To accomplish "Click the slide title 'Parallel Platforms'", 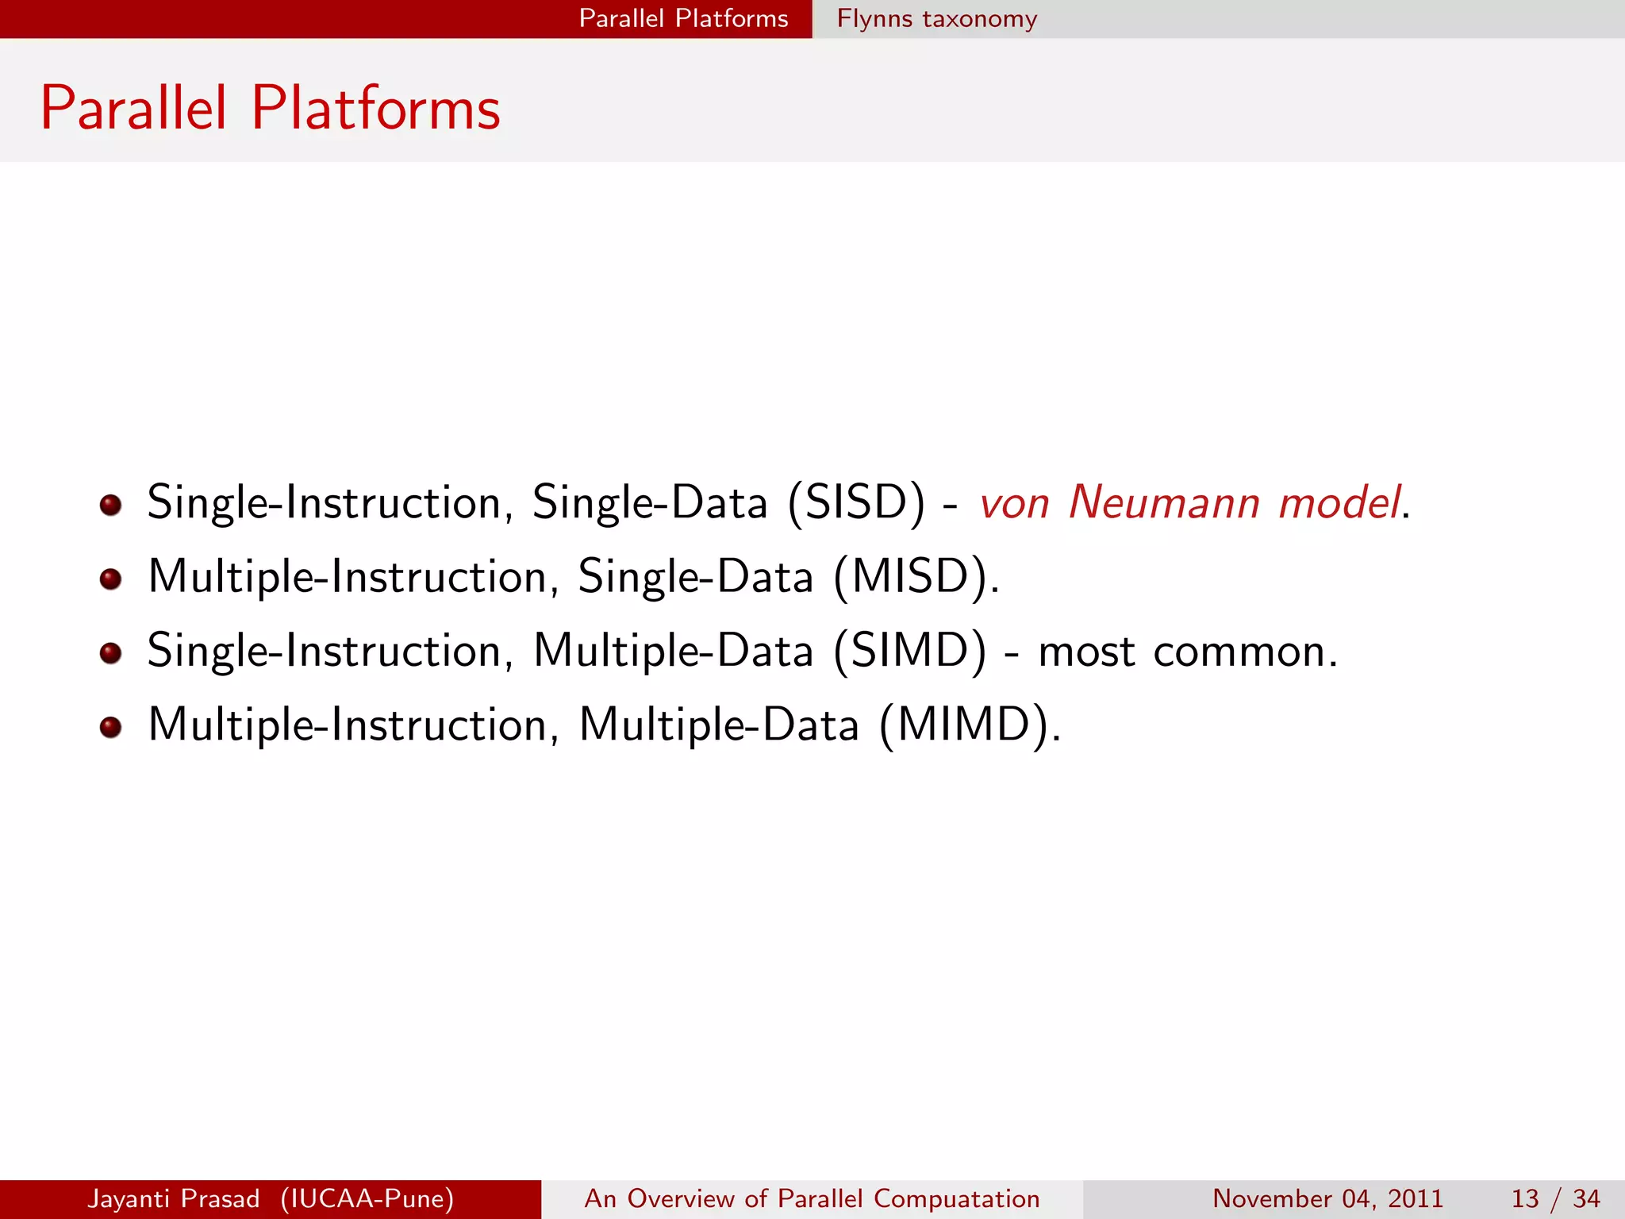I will pyautogui.click(x=270, y=109).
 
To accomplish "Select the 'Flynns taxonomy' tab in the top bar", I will pyautogui.click(x=936, y=18).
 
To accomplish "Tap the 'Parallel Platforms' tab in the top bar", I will pyautogui.click(x=683, y=18).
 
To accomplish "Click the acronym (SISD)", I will pyautogui.click(x=856, y=503).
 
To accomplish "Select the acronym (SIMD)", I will pyautogui.click(x=910, y=651).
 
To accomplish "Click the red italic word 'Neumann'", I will pyautogui.click(x=1164, y=503).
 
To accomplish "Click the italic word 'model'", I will pyautogui.click(x=1339, y=503).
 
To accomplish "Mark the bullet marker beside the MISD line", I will pyautogui.click(x=111, y=579).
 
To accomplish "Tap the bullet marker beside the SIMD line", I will pyautogui.click(x=111, y=653).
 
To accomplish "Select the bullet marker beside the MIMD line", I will pyautogui.click(x=111, y=727).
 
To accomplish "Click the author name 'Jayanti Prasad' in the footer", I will pyautogui.click(x=173, y=1198).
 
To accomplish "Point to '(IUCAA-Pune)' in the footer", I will pyautogui.click(x=367, y=1198).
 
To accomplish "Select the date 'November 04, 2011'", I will pyautogui.click(x=1327, y=1198).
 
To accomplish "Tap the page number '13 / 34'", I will pyautogui.click(x=1554, y=1198).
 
